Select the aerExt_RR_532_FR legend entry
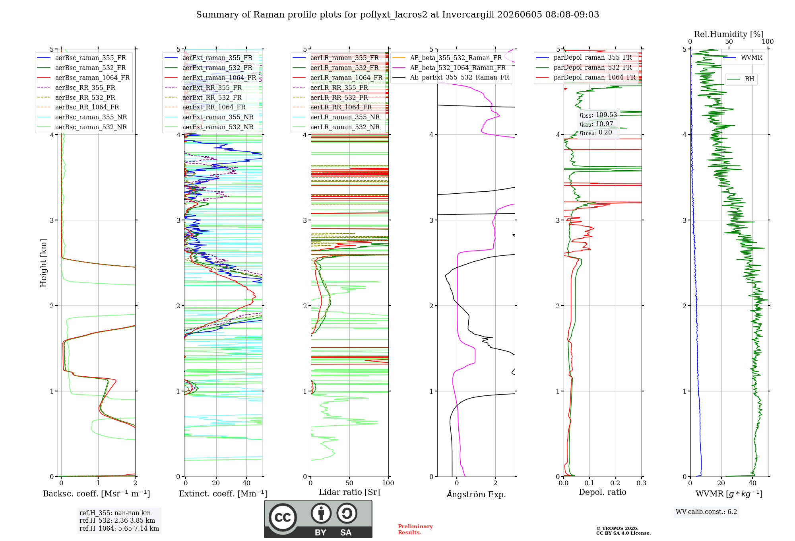pos(203,97)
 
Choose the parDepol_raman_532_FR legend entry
pos(584,68)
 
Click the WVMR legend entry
pos(743,58)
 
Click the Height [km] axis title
pos(43,263)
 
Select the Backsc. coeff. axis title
pos(97,494)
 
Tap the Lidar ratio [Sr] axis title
pos(349,492)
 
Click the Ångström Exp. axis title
pos(476,494)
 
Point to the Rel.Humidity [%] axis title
pos(729,34)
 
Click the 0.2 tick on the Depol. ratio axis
pos(615,483)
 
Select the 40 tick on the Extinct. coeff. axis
pos(246,483)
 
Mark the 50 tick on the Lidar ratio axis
pos(349,483)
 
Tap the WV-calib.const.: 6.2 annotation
pos(706,512)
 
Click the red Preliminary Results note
pos(415,529)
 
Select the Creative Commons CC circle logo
pos(283,518)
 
